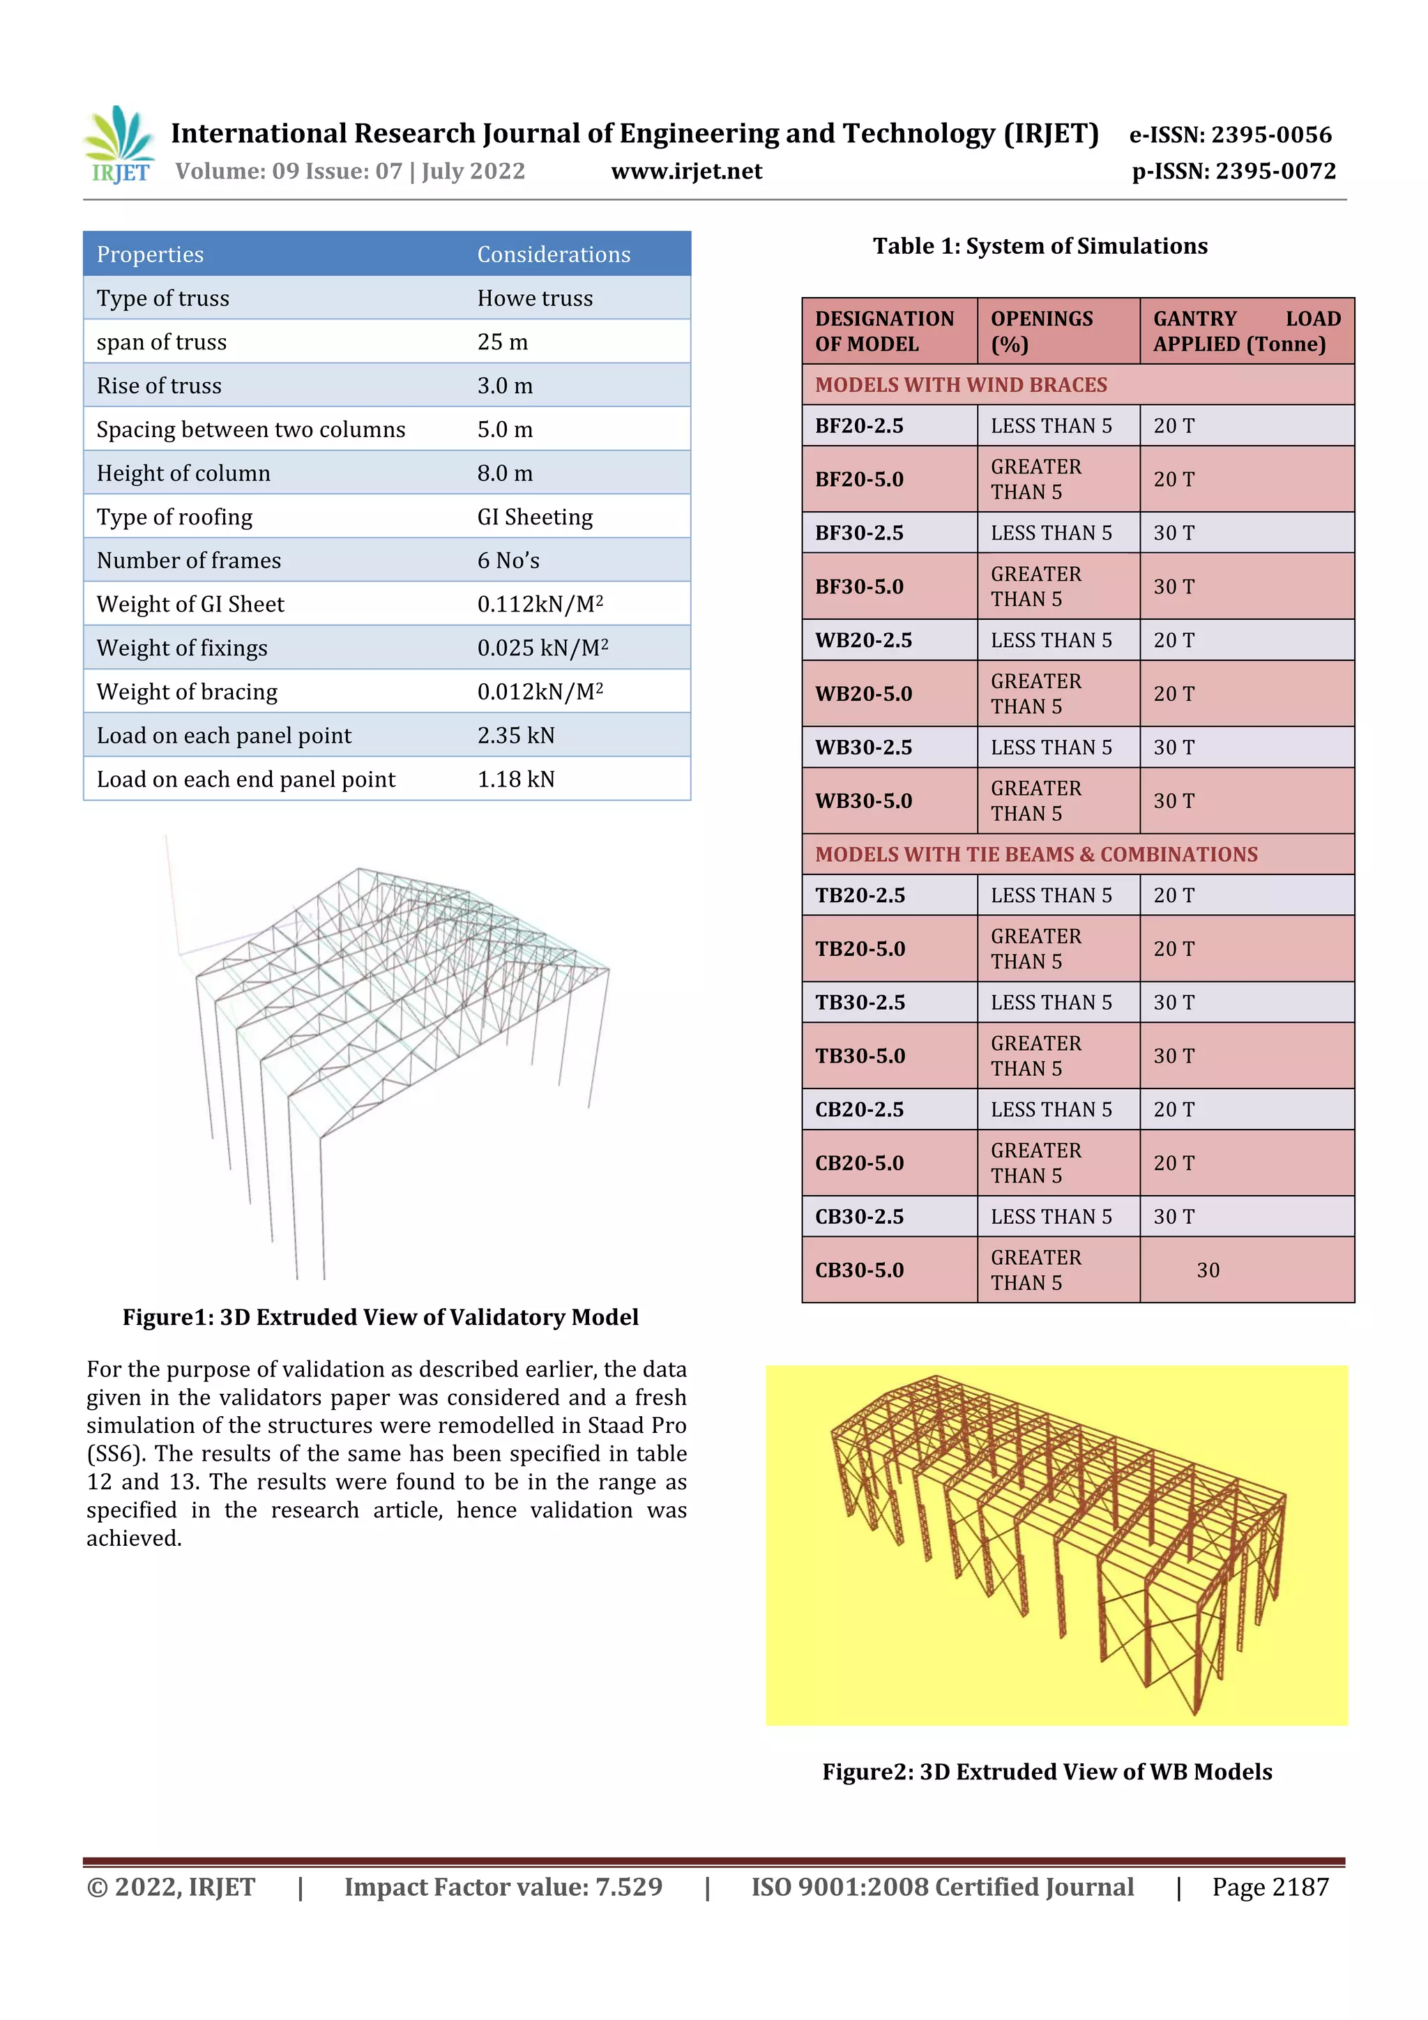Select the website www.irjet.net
click(686, 171)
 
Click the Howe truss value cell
click(535, 298)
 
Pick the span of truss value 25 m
click(503, 342)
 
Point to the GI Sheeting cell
click(535, 517)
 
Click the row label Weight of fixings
click(182, 648)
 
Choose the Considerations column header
click(554, 255)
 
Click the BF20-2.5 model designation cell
click(860, 426)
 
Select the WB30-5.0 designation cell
click(863, 800)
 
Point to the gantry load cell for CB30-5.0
click(1208, 1270)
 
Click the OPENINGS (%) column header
click(1042, 331)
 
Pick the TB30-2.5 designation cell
click(860, 1002)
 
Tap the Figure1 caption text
click(380, 1317)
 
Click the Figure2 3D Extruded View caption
click(1047, 1771)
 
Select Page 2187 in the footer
click(1270, 1886)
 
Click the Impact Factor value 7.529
click(503, 1886)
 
